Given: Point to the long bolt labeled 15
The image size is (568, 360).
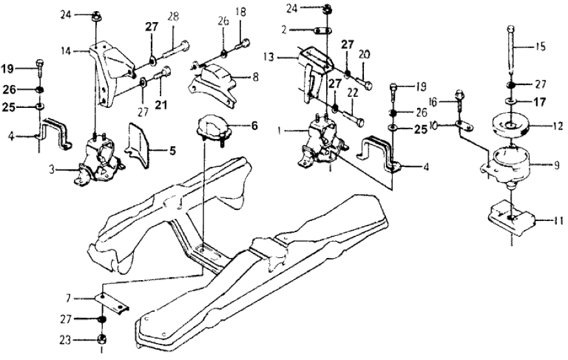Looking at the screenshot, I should click(x=511, y=52).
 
